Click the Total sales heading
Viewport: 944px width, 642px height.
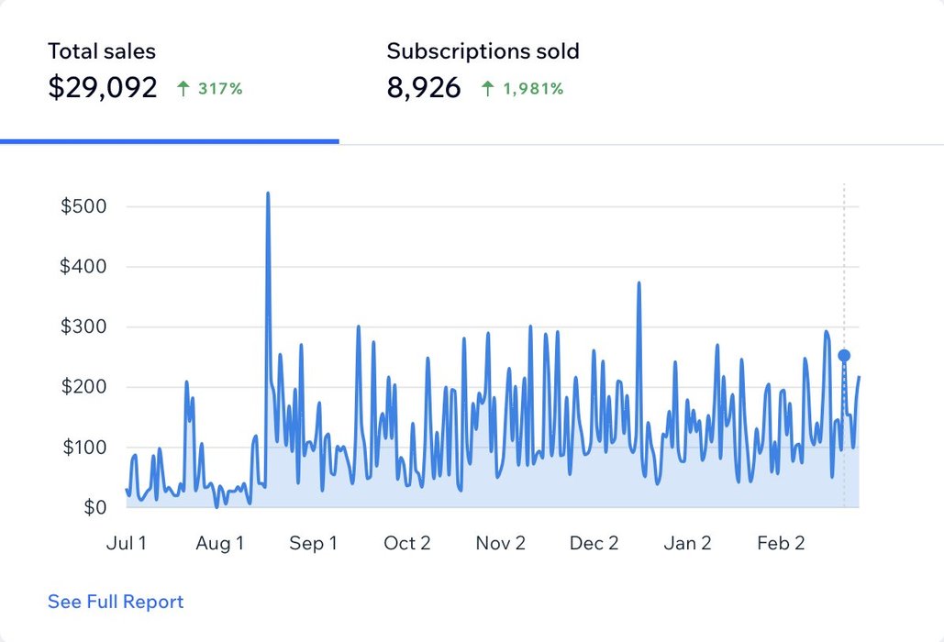point(102,51)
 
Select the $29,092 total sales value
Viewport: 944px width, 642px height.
point(103,88)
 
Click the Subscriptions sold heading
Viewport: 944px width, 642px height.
point(483,51)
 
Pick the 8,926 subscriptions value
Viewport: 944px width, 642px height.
point(424,88)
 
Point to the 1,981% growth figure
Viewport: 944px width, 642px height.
point(532,89)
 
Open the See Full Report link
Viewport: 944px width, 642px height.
point(116,602)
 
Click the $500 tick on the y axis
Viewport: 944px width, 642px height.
point(84,206)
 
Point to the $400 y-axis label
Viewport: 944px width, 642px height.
point(84,267)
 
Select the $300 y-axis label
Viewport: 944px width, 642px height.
point(84,327)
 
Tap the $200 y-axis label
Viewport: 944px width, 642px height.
point(84,387)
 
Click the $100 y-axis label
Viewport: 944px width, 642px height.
point(84,448)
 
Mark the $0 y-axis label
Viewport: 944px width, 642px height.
point(95,507)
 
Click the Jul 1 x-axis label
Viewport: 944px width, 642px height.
point(127,543)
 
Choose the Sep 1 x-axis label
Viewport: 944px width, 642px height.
point(313,543)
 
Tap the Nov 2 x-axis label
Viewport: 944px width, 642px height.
point(500,543)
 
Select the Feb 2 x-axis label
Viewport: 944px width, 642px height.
point(781,543)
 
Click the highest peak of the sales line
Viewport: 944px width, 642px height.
point(268,194)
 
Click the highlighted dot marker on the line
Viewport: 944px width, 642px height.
point(844,355)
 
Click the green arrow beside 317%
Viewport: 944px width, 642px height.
point(183,89)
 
